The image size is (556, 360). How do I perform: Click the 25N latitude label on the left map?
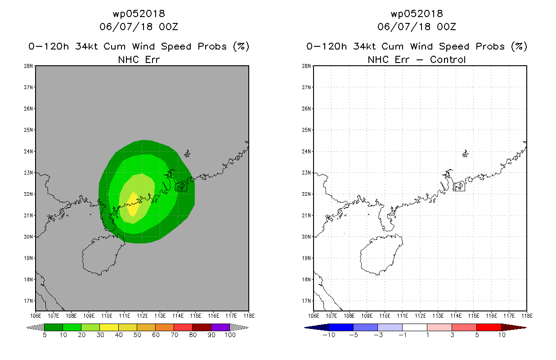(28, 130)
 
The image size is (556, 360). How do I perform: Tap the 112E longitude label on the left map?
(142, 316)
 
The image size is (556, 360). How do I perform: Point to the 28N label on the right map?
(306, 66)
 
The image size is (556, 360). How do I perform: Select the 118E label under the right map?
(527, 316)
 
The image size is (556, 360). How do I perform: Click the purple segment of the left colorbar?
(220, 327)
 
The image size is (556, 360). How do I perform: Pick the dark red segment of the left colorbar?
(202, 327)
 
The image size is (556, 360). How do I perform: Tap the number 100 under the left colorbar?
(230, 335)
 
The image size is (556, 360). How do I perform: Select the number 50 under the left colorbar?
(137, 335)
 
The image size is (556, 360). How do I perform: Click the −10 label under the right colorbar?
(329, 335)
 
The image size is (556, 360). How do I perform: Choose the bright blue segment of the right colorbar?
(341, 327)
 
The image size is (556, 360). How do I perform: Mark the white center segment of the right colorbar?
(415, 327)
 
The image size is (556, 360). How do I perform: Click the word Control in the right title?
(448, 59)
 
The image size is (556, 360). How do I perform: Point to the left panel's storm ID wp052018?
(139, 13)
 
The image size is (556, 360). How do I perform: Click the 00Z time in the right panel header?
(446, 27)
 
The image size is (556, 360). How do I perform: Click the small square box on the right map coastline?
(459, 186)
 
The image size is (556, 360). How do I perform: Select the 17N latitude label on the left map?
(28, 301)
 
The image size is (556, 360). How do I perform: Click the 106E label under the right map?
(314, 316)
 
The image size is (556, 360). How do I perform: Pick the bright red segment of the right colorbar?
(489, 327)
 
